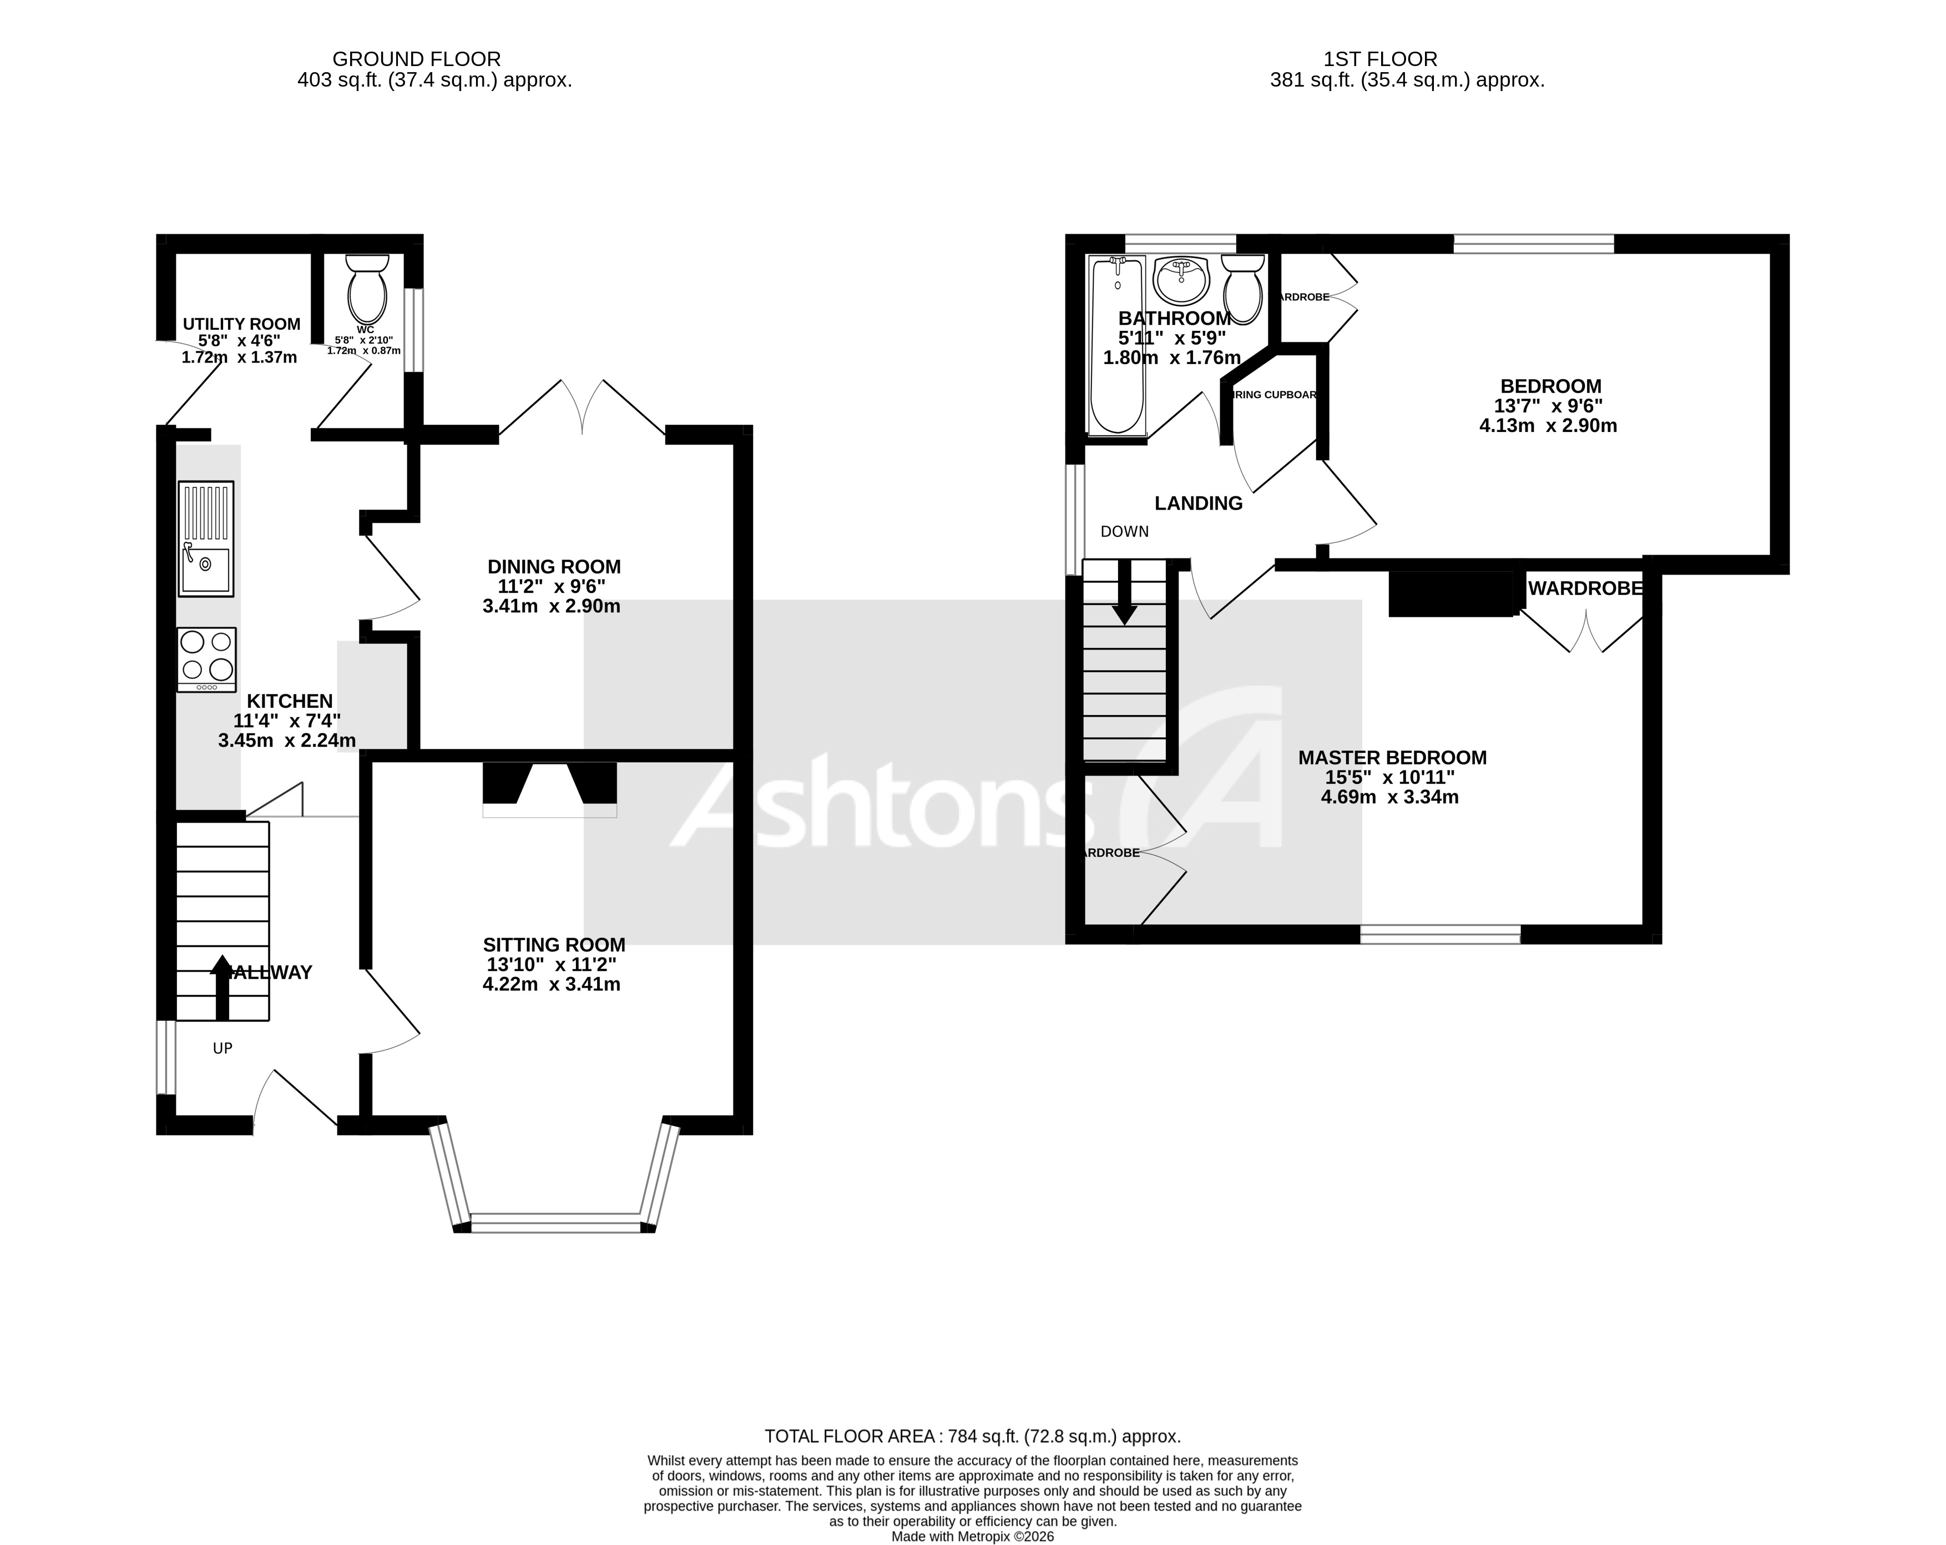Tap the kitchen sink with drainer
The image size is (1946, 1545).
point(206,539)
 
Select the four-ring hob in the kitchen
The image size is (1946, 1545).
point(206,659)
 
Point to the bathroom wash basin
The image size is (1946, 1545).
point(1181,281)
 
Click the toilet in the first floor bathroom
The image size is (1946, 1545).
point(1243,288)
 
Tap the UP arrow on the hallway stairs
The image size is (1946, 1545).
point(221,988)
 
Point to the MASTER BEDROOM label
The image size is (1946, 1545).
point(1392,758)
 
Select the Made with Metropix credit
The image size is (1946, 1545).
point(972,1536)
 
